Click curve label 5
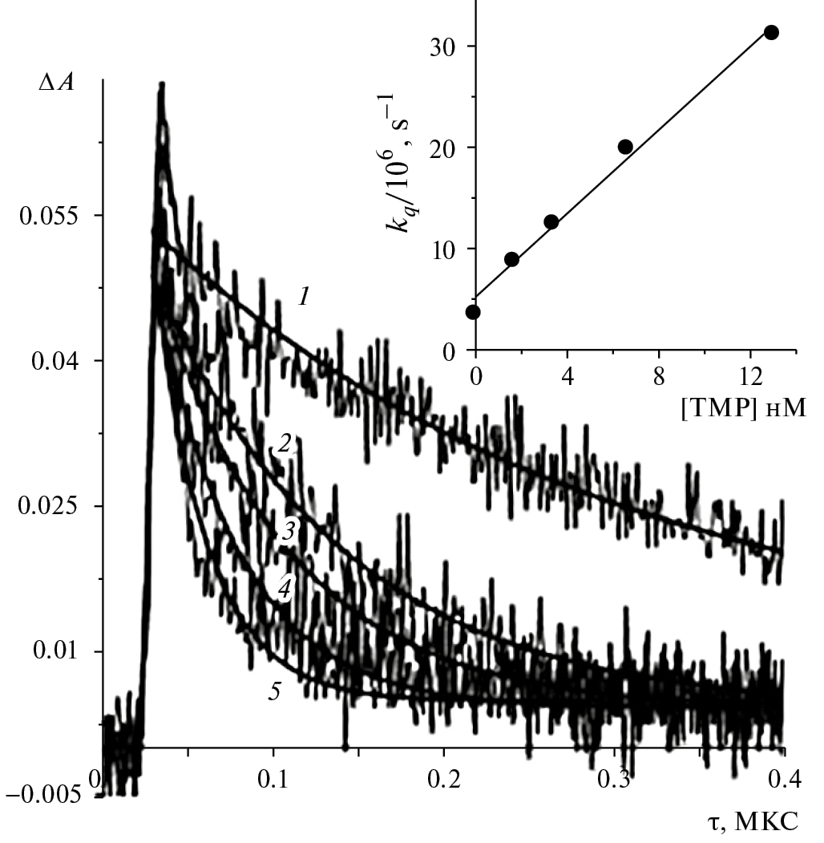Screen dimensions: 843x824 click(274, 691)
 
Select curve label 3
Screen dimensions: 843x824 click(286, 529)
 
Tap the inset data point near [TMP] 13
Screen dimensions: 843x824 click(771, 32)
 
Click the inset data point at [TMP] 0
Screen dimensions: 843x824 click(473, 311)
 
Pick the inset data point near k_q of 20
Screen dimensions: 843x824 click(625, 147)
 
